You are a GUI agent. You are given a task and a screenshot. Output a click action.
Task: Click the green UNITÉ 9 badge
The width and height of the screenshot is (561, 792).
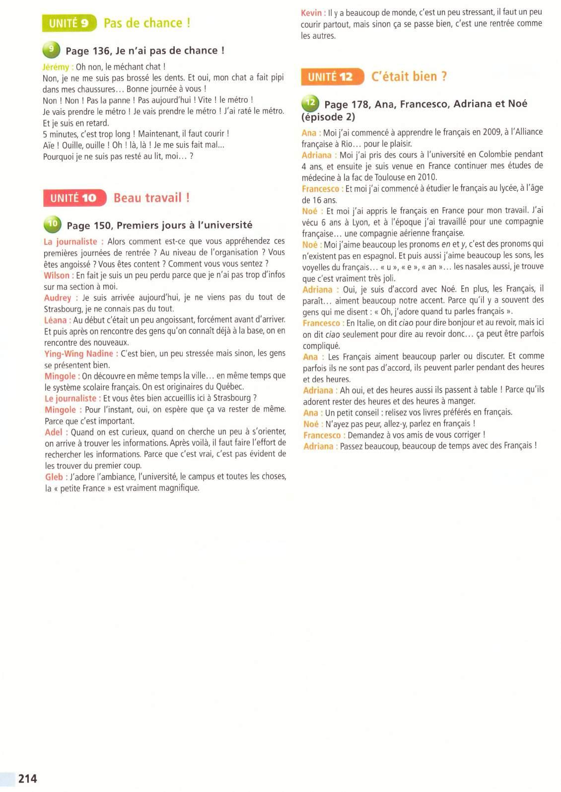(70, 23)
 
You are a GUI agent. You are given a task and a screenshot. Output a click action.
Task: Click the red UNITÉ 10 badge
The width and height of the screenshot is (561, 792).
(74, 198)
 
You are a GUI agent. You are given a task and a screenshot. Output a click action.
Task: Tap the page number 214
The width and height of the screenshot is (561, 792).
(28, 778)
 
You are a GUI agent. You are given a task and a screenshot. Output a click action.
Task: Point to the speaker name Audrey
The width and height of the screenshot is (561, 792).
(58, 298)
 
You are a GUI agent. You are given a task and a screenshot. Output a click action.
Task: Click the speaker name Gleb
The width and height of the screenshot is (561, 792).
(54, 477)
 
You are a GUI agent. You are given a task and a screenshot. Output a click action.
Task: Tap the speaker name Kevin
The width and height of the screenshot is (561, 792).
(312, 12)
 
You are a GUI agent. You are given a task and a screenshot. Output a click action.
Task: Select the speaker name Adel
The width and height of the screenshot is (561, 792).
(54, 432)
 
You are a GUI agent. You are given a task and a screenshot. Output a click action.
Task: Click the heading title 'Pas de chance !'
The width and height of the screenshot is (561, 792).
(147, 23)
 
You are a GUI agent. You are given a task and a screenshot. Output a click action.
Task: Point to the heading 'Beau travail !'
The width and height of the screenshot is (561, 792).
(151, 198)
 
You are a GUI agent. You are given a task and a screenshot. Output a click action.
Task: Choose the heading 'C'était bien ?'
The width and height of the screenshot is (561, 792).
(409, 77)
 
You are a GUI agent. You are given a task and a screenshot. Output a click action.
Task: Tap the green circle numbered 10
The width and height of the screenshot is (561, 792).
(52, 225)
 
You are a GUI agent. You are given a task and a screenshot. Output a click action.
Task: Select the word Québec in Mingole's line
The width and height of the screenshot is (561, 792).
(230, 387)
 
